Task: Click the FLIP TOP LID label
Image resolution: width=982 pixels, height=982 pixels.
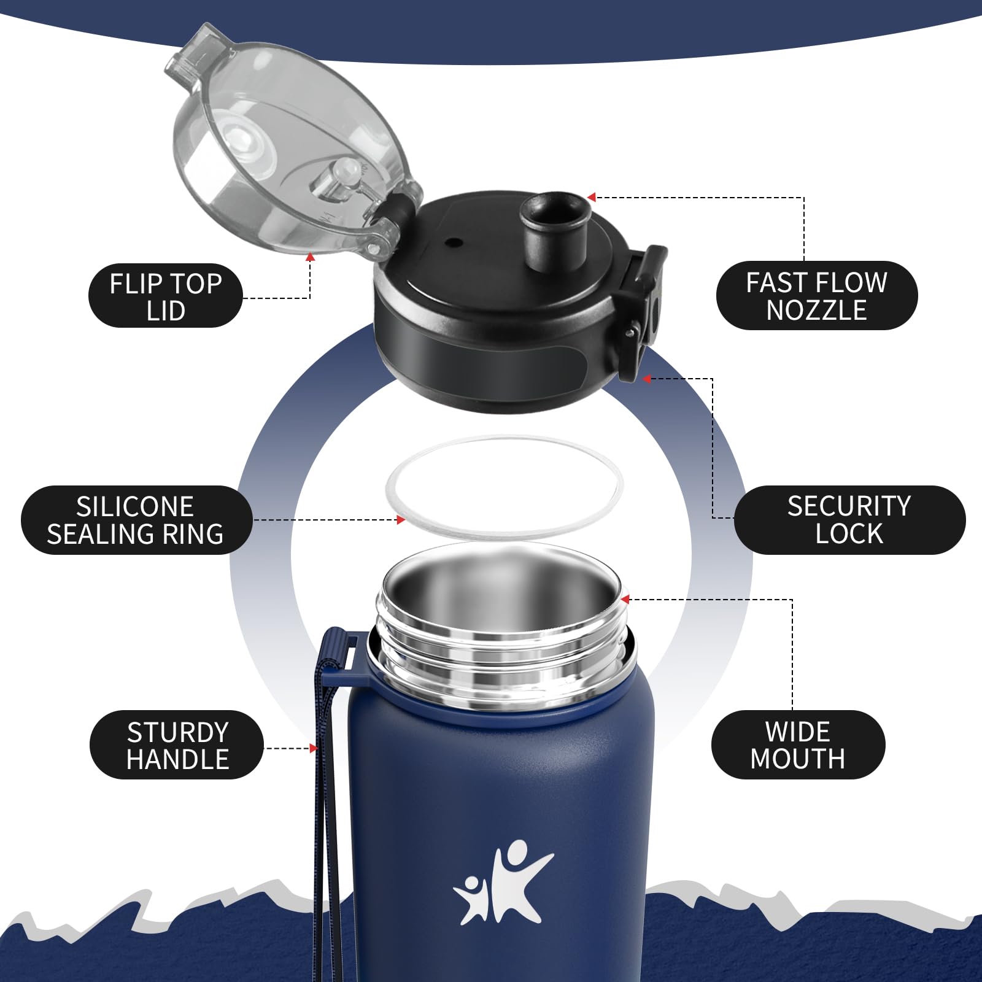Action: click(166, 296)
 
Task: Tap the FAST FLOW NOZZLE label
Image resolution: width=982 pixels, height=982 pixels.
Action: click(816, 296)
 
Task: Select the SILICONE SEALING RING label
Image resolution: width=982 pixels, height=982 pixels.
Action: click(136, 520)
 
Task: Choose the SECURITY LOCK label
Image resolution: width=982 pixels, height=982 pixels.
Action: click(849, 520)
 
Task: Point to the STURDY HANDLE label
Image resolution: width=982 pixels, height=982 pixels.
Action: click(177, 745)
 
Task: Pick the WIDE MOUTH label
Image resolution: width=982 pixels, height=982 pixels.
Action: click(798, 745)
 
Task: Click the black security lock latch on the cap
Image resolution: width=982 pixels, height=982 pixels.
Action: click(642, 313)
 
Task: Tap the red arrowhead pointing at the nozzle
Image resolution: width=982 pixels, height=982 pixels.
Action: click(592, 197)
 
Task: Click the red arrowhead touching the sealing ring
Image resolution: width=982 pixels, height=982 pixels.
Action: click(401, 520)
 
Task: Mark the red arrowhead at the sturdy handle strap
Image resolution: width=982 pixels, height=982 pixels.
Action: click(314, 748)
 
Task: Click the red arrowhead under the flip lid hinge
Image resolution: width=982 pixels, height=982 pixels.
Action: click(311, 257)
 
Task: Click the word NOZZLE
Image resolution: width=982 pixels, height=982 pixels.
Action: click(816, 310)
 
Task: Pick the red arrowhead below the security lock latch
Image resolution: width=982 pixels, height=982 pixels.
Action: click(646, 379)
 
